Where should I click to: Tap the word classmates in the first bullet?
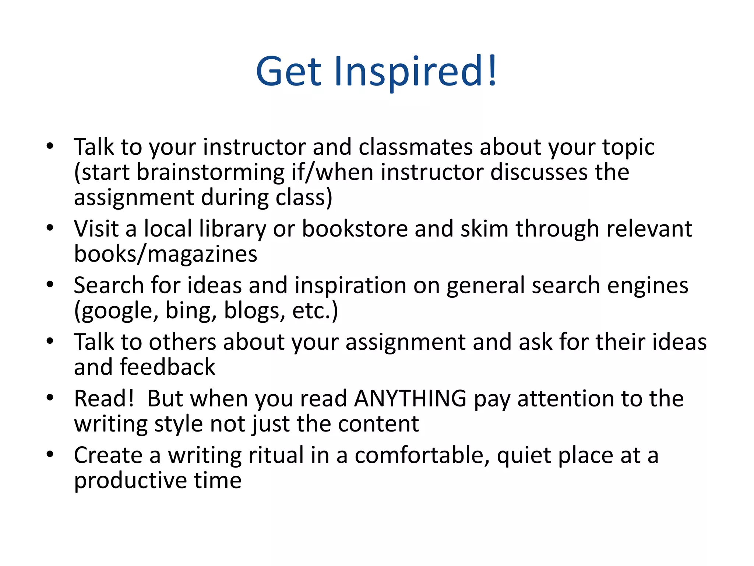click(x=416, y=147)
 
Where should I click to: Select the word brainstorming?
click(x=211, y=172)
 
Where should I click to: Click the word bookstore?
click(x=355, y=229)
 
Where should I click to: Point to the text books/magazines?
click(x=166, y=254)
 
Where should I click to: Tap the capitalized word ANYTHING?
click(x=411, y=399)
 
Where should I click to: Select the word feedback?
click(x=168, y=367)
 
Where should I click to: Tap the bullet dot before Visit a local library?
click(x=50, y=228)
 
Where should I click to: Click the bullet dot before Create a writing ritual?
click(x=50, y=454)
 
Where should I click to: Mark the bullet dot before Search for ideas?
click(x=50, y=284)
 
